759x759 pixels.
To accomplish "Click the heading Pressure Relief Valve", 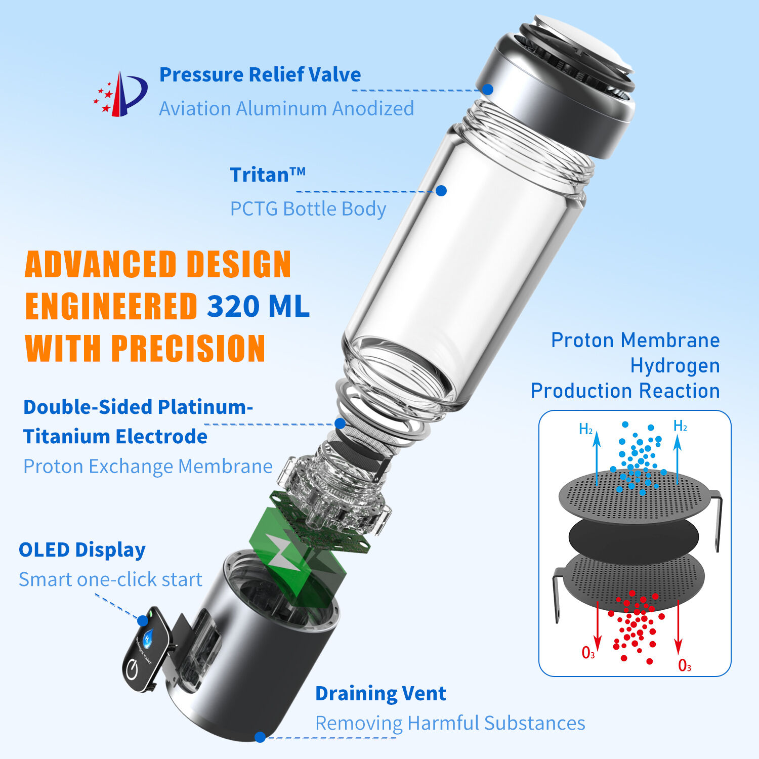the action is click(260, 74).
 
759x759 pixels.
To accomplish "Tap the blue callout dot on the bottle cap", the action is click(487, 89).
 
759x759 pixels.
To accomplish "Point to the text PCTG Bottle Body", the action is click(308, 208).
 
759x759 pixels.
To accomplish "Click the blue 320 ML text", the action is click(258, 306).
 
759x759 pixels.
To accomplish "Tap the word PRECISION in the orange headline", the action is click(188, 348).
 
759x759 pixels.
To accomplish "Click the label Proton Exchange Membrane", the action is click(148, 466).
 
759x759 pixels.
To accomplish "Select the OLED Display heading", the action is click(82, 550).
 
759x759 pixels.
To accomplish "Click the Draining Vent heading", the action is click(381, 693).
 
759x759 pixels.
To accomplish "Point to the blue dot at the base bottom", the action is click(260, 737).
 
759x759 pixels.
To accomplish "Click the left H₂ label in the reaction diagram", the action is click(585, 430).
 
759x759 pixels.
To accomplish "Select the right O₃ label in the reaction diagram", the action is click(685, 665).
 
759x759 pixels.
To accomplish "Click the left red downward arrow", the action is click(598, 625).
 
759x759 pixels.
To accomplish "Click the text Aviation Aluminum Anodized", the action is click(286, 108).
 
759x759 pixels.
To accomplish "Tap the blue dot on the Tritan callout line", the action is click(441, 191).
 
